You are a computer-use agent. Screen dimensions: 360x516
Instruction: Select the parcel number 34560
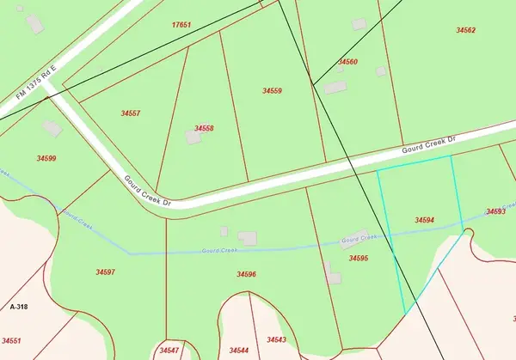(347, 62)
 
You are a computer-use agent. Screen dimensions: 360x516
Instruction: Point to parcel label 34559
(273, 90)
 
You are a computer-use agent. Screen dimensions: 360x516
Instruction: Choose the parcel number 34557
(131, 113)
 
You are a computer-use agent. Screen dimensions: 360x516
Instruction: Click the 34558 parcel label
(204, 128)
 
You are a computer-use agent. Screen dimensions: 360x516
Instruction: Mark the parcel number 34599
(46, 158)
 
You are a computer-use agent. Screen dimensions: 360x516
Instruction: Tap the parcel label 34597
(106, 272)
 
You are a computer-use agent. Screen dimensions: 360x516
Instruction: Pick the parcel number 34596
(247, 274)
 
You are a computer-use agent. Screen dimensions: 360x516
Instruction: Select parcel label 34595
(359, 258)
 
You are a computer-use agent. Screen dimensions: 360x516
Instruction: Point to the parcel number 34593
(495, 211)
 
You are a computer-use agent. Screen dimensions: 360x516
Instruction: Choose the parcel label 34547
(169, 351)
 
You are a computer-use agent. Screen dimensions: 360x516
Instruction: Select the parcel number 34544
(239, 351)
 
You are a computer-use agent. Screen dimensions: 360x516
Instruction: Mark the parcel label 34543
(276, 339)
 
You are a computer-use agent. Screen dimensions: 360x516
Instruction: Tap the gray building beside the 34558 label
(193, 137)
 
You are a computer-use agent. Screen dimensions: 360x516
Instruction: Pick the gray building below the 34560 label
(336, 87)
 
